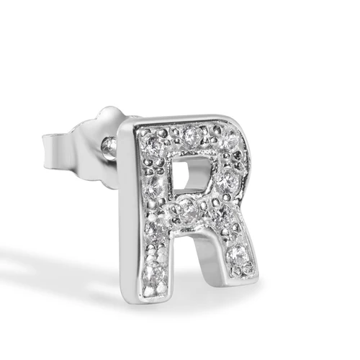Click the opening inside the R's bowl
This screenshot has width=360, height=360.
point(189,175)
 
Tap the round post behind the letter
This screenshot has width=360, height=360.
point(110,146)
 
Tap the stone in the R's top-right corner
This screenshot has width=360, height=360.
point(228,139)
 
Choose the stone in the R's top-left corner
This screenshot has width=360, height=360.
point(152,145)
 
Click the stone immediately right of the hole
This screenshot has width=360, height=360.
point(226,181)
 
